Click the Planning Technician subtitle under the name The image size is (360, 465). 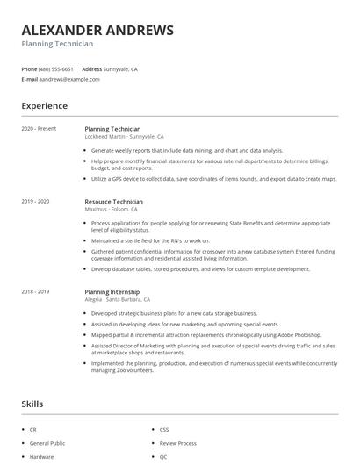coord(57,44)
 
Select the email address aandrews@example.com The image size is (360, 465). coord(70,79)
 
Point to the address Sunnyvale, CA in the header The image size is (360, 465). coord(121,68)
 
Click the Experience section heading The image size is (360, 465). coord(45,106)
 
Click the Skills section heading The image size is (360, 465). coord(32,404)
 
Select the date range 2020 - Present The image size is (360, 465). coord(39,129)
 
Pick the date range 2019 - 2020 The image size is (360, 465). coord(36,202)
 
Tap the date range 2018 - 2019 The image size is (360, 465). coord(36,290)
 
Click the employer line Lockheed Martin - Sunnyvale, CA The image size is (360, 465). coord(124,137)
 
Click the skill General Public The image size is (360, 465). coord(47,443)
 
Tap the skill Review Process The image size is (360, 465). coord(179,443)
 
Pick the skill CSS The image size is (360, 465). coord(164,429)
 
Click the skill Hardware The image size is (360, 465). coord(41,457)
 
